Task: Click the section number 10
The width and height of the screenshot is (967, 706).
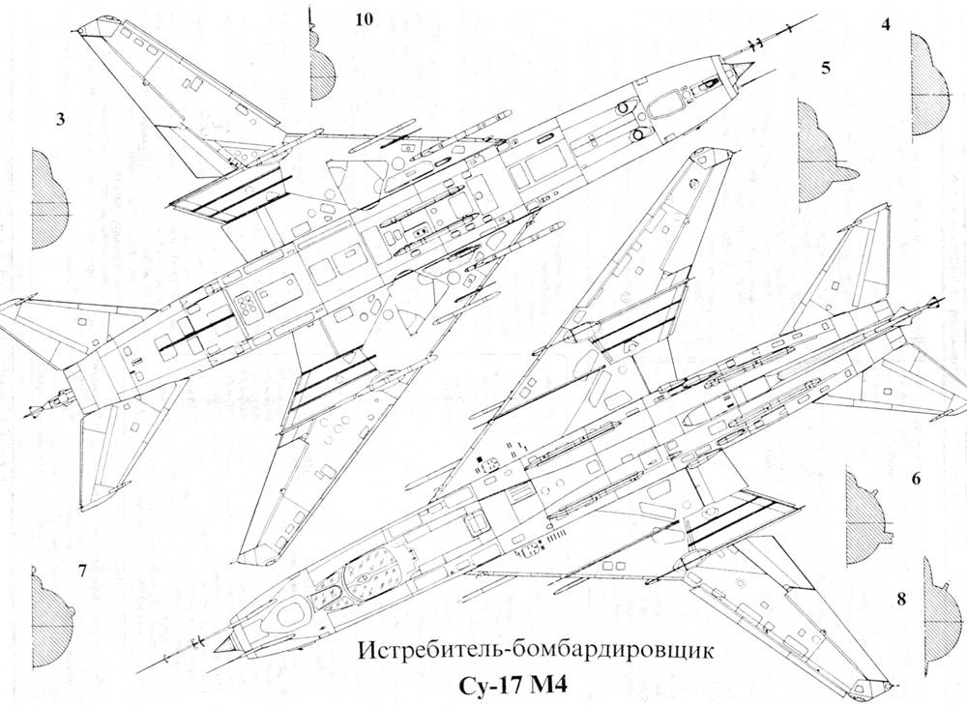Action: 365,19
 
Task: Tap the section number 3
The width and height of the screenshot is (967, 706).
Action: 60,119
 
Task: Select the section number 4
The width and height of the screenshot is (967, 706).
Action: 886,25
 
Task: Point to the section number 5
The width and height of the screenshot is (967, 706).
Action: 826,69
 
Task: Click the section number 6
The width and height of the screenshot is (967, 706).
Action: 916,479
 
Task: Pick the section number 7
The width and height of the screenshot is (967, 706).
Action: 82,571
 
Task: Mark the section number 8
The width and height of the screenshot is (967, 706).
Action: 901,599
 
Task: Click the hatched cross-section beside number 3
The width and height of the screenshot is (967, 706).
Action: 49,199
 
